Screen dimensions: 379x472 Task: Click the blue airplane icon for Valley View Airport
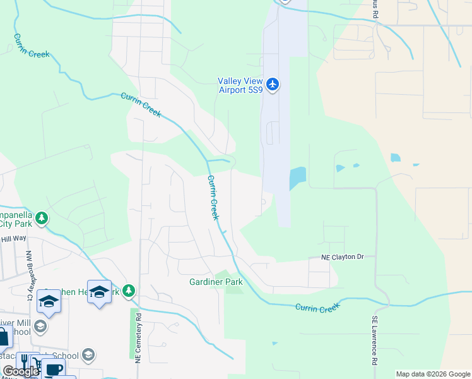[273, 85]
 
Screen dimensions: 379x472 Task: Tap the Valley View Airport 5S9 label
[241, 85]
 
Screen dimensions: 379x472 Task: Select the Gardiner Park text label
[216, 282]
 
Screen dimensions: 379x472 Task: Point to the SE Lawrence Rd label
[375, 341]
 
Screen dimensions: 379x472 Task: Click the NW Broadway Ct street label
[29, 275]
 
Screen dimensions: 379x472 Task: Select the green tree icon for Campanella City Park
[42, 218]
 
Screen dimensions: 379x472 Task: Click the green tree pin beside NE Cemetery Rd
[129, 291]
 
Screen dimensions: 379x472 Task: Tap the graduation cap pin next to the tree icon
[99, 292]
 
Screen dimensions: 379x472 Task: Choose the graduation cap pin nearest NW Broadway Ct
[49, 301]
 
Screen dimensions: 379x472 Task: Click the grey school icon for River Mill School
[40, 326]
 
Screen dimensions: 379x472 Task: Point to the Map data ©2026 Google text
[433, 374]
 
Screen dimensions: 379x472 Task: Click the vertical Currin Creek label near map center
[213, 197]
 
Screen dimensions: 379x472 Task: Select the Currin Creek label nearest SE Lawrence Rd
[317, 308]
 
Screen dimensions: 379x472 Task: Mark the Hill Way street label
[13, 238]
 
